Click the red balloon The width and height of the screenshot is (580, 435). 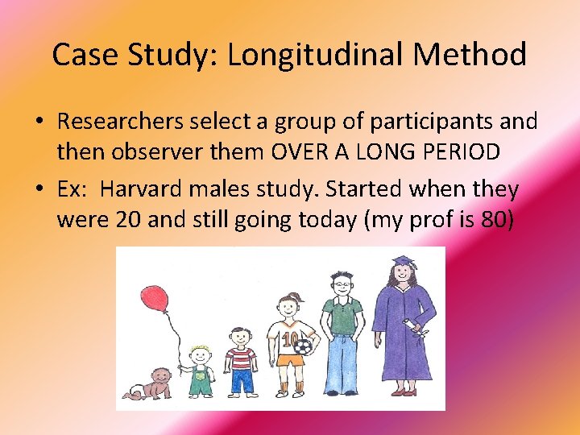(154, 299)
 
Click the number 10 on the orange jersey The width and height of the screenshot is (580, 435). (288, 338)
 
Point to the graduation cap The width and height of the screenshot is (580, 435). (402, 263)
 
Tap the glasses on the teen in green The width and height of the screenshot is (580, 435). (342, 284)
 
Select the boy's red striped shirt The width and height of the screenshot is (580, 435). (241, 358)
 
